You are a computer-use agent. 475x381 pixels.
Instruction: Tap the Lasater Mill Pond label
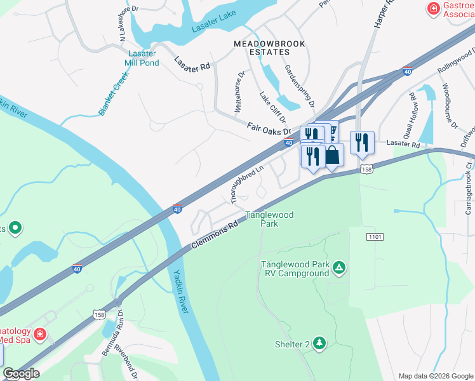click(x=142, y=58)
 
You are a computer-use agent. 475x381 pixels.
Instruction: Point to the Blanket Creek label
click(x=113, y=93)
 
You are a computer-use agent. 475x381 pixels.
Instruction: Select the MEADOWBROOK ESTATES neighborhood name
click(x=269, y=48)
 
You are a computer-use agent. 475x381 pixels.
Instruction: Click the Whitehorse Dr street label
click(x=239, y=91)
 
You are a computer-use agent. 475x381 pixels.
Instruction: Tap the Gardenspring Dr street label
click(x=300, y=86)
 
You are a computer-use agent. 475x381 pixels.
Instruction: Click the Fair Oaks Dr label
click(x=269, y=129)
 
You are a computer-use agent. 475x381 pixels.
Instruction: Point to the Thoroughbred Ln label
click(x=247, y=185)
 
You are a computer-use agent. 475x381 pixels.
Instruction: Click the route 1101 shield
click(x=375, y=236)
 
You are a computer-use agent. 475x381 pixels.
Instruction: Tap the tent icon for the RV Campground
click(x=339, y=268)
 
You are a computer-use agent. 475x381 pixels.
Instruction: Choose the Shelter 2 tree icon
click(x=319, y=344)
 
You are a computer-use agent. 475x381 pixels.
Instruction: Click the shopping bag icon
click(x=332, y=155)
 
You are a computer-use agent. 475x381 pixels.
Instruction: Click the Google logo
click(x=21, y=373)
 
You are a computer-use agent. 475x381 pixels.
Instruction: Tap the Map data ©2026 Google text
click(x=435, y=375)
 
